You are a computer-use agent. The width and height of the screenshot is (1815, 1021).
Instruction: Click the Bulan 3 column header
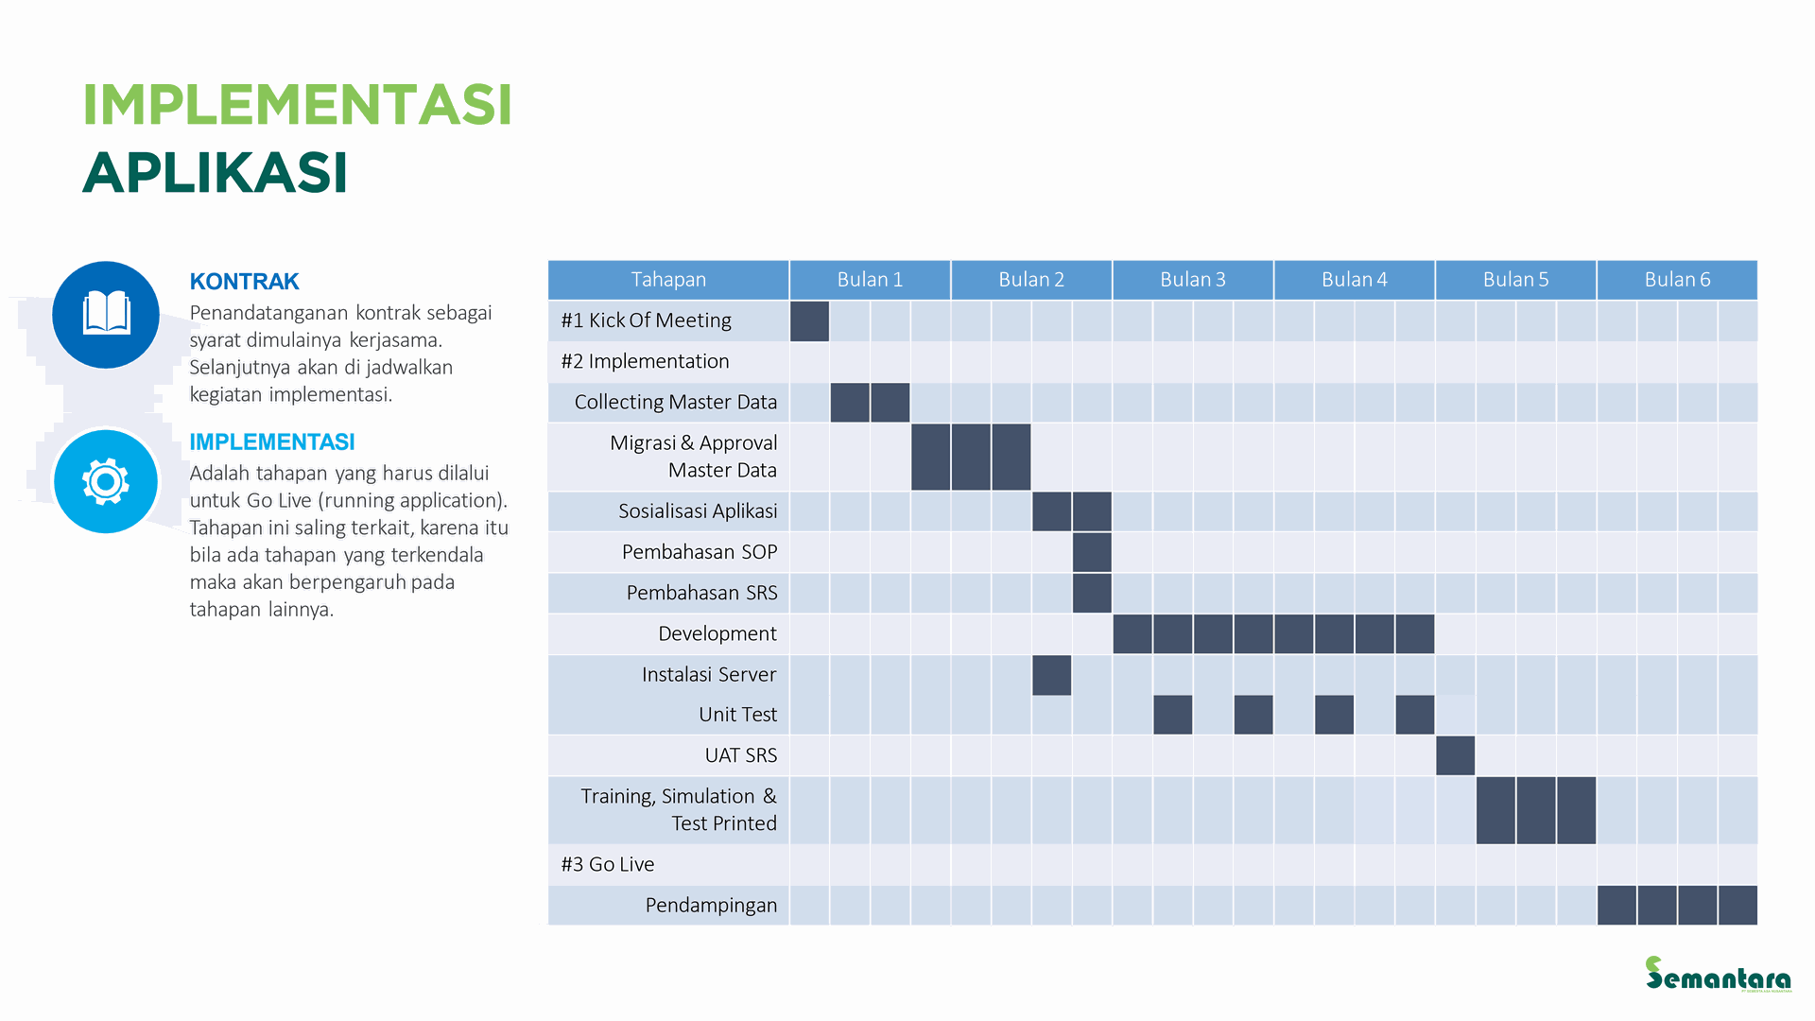tap(1192, 280)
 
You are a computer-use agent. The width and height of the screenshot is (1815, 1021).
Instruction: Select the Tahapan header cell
tap(668, 280)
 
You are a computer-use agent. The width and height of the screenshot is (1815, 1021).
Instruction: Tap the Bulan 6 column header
tap(1677, 280)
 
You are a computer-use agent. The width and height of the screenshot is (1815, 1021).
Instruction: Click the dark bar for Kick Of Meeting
tap(809, 321)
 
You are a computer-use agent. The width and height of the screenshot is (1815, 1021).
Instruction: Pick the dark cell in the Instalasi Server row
tap(1051, 675)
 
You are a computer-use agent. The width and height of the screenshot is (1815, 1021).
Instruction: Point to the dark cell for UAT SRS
tap(1455, 755)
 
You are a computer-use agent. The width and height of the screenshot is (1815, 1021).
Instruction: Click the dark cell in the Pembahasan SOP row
tap(1092, 552)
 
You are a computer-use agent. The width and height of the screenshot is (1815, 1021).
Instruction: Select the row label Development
tap(717, 633)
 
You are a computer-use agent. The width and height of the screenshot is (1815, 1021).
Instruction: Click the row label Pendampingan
tap(711, 906)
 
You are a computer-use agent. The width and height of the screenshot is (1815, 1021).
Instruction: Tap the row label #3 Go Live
tap(608, 864)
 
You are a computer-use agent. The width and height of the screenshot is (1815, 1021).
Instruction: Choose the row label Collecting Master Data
tap(675, 403)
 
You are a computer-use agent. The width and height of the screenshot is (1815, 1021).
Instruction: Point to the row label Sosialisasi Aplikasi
tap(698, 511)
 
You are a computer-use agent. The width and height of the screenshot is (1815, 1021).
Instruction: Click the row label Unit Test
tap(737, 715)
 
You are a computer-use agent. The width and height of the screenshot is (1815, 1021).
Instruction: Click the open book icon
tap(106, 314)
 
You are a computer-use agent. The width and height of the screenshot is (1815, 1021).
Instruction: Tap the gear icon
tap(106, 482)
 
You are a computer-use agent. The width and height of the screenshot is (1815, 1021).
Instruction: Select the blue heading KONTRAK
tap(244, 282)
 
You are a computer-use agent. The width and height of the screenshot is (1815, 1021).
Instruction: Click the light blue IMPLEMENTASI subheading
tap(272, 442)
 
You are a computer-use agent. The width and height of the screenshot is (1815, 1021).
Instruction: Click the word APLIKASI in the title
tap(216, 173)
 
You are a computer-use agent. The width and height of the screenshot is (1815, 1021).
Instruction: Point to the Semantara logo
tap(1718, 974)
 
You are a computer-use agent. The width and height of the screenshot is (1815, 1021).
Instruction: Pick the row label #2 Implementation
tap(645, 361)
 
